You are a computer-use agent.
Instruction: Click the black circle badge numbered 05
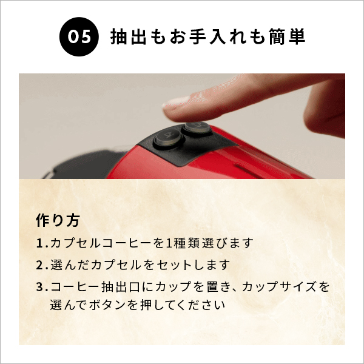79,37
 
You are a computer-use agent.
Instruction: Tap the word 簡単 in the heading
287,37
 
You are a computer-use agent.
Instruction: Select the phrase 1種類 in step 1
178,244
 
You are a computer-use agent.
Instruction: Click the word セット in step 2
174,265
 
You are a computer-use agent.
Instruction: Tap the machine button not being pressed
166,139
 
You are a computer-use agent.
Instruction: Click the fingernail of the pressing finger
174,101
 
